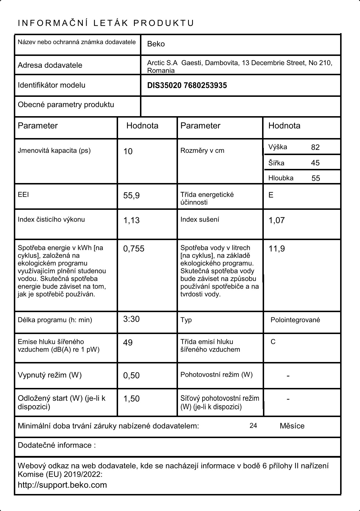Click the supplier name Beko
(x=156, y=44)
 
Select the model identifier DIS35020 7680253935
(x=187, y=86)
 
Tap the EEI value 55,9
(x=131, y=196)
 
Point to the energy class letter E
(x=271, y=195)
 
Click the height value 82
(x=315, y=147)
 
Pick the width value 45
(x=315, y=163)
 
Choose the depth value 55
(x=316, y=178)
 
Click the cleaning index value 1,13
(x=131, y=220)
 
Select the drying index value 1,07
(x=276, y=220)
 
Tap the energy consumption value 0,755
(x=134, y=249)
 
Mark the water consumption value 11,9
(x=276, y=249)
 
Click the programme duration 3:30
(x=131, y=319)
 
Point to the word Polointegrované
(x=295, y=320)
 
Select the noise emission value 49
(x=128, y=343)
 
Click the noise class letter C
(x=273, y=342)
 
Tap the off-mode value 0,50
(x=131, y=376)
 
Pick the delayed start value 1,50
(x=131, y=399)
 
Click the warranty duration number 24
(x=253, y=426)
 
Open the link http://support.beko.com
(x=62, y=485)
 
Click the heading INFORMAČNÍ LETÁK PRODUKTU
(x=106, y=23)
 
